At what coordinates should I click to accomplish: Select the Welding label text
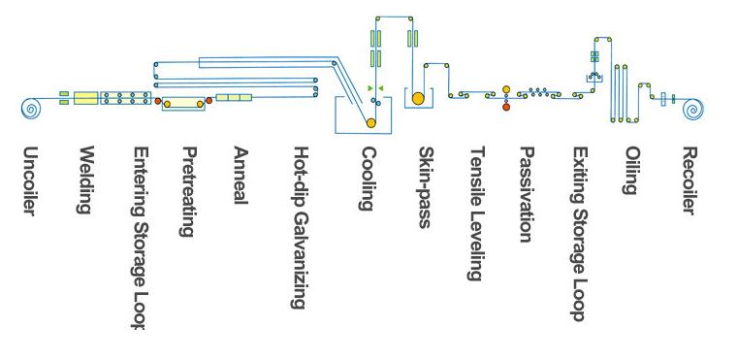point(85,180)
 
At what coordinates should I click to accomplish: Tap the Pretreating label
point(190,190)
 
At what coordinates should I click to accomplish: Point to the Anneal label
point(241,176)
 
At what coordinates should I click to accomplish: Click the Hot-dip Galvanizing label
point(301,227)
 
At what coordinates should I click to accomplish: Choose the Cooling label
point(368,179)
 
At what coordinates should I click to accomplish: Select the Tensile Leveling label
point(475,213)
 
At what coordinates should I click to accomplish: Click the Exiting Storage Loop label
point(579,233)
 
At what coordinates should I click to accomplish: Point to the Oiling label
point(631,171)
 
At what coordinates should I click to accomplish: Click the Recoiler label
point(690,181)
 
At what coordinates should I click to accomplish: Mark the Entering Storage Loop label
point(140,238)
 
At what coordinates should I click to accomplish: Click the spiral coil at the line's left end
point(30,108)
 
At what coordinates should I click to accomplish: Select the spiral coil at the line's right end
point(692,108)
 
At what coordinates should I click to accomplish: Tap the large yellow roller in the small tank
point(418,98)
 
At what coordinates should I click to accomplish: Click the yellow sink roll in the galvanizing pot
point(370,122)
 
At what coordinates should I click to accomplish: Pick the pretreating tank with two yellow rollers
point(183,101)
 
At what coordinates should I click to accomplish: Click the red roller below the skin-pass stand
point(505,107)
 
